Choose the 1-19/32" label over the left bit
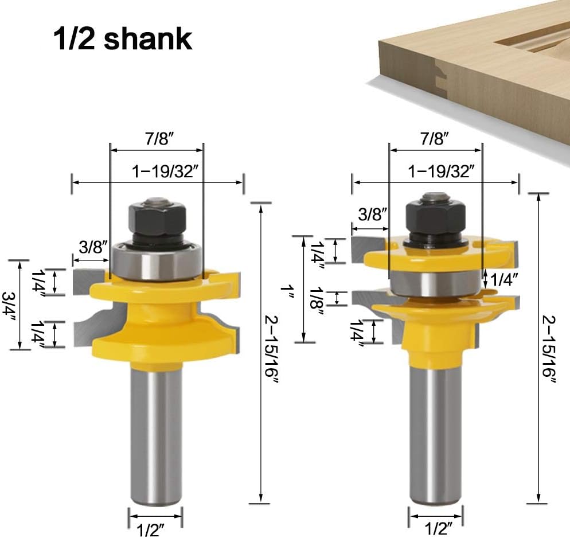pyautogui.click(x=162, y=171)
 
